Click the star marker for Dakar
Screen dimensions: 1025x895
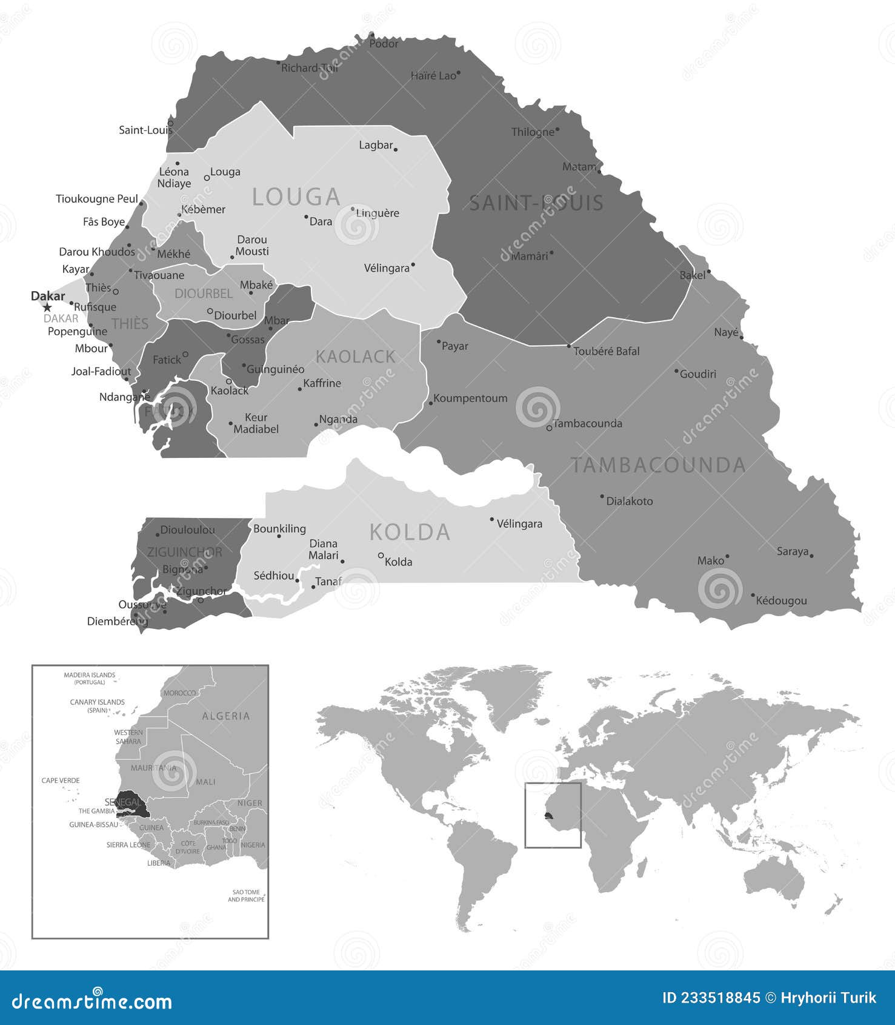(x=47, y=308)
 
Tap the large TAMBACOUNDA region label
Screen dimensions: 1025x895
(x=659, y=465)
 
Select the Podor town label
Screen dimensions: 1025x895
(x=384, y=44)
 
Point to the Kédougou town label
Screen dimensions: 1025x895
(x=781, y=600)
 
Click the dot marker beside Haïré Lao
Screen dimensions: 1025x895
(x=459, y=73)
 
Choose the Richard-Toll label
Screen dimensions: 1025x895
(x=309, y=68)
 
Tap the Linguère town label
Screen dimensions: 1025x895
(x=378, y=213)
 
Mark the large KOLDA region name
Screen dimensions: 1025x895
(x=410, y=532)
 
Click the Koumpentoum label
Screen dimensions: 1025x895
(x=470, y=398)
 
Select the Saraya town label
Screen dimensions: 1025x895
(x=793, y=551)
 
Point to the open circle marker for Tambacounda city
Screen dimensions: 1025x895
(x=549, y=428)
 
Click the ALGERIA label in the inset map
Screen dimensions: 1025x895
(x=225, y=716)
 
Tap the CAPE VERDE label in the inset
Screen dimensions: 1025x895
(x=61, y=781)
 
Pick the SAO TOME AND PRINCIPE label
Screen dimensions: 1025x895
(x=246, y=895)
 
